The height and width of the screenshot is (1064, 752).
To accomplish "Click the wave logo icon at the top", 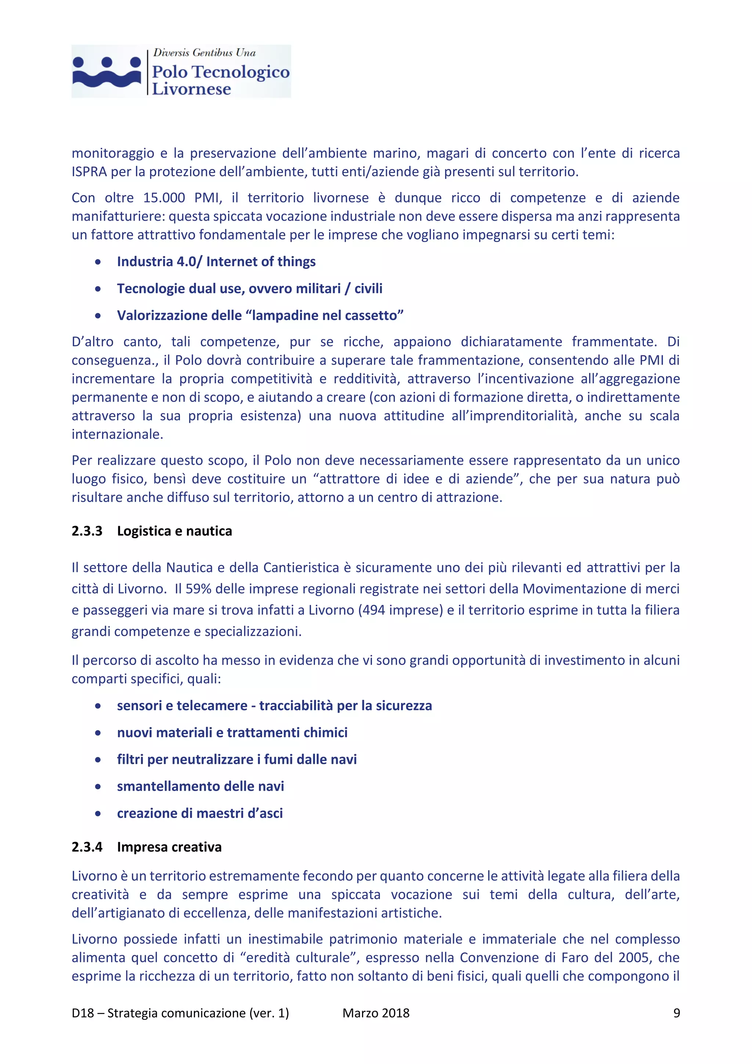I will [106, 72].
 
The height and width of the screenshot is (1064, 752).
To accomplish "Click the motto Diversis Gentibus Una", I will [204, 53].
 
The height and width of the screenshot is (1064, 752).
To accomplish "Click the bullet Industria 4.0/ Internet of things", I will [216, 262].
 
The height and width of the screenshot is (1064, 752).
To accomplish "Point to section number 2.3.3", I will [87, 531].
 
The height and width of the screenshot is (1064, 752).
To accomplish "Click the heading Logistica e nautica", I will [174, 531].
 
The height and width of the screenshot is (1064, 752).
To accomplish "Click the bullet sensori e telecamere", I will [274, 706].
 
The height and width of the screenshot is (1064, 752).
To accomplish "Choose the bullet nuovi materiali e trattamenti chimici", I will [232, 733].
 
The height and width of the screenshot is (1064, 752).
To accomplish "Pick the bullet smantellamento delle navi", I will [200, 786].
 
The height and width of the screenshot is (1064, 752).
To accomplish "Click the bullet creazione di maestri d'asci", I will [200, 813].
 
